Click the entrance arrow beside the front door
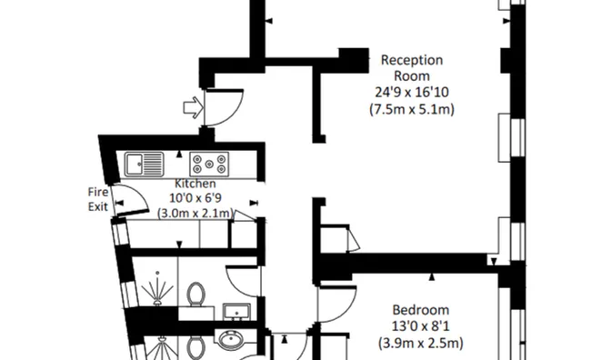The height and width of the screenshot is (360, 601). [192, 108]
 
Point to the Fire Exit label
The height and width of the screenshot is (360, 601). [98, 199]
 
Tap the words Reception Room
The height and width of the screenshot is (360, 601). [411, 67]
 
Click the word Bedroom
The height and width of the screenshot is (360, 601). [420, 309]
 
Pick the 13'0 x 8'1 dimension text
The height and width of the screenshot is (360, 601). [420, 326]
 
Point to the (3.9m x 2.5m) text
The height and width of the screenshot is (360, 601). [420, 343]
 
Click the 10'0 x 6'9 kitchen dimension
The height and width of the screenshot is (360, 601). [195, 198]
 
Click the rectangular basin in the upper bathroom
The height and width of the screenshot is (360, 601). [236, 313]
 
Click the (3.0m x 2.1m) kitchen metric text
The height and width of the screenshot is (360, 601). [195, 214]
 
